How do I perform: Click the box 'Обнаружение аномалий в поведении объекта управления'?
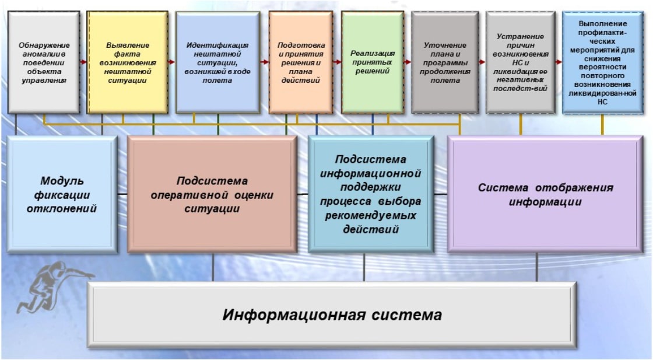(44, 62)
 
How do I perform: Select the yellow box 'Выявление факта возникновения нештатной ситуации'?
(128, 62)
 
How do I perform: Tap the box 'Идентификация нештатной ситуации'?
(217, 62)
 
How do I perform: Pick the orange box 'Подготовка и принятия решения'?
(301, 62)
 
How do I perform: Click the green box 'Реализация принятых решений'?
(373, 62)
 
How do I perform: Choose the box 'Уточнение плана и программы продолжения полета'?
(445, 62)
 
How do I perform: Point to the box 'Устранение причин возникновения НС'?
(520, 62)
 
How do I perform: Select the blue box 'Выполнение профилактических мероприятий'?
(603, 62)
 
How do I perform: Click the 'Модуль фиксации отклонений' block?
(62, 194)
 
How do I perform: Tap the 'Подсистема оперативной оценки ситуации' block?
(212, 194)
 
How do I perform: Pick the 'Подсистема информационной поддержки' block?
(371, 194)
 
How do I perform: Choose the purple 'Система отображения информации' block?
(545, 194)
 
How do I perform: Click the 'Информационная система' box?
(332, 314)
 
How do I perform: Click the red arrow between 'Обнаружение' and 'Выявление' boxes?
(83, 62)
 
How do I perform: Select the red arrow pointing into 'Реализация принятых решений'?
(337, 62)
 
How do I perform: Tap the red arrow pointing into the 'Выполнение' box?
(559, 62)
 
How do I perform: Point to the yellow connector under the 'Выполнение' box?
(602, 125)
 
